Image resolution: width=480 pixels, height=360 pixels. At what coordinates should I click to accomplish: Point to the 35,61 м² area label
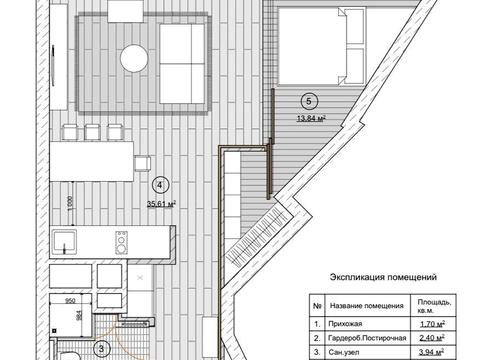pyautogui.click(x=160, y=203)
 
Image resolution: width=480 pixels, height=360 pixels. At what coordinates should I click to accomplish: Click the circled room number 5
pyautogui.click(x=309, y=100)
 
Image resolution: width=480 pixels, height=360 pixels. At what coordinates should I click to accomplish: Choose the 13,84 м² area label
pyautogui.click(x=313, y=119)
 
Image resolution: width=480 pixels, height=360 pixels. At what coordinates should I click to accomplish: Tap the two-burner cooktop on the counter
pyautogui.click(x=122, y=241)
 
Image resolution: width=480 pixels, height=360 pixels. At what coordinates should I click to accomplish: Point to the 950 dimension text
pyautogui.click(x=71, y=299)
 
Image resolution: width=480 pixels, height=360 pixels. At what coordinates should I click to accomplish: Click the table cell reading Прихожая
pyautogui.click(x=342, y=325)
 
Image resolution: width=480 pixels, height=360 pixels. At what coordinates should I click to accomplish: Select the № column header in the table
pyautogui.click(x=317, y=306)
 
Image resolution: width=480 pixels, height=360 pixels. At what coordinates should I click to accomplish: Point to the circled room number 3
pyautogui.click(x=101, y=348)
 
